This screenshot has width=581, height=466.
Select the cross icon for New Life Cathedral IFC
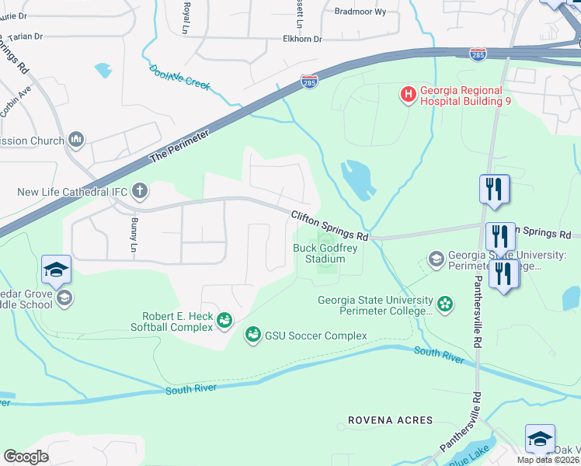(x=140, y=190)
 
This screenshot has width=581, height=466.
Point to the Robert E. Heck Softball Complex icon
(x=224, y=319)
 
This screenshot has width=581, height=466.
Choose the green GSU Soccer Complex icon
(x=252, y=336)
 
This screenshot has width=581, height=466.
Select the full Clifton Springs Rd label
(x=329, y=225)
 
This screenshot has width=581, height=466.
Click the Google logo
(x=26, y=457)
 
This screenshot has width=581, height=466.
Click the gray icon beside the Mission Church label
(x=76, y=140)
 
